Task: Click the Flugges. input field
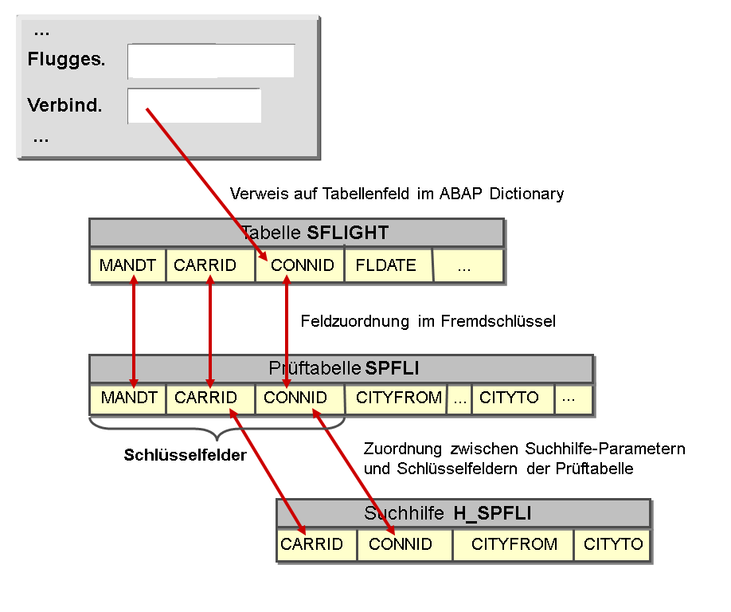click(x=211, y=61)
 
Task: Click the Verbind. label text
click(x=64, y=105)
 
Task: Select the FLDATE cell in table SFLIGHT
click(x=389, y=265)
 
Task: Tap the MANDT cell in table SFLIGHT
click(x=127, y=265)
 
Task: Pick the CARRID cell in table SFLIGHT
click(x=210, y=265)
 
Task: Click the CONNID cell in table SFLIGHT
click(x=299, y=265)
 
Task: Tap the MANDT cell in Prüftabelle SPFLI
click(x=127, y=398)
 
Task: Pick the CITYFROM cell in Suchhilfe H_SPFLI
click(x=513, y=544)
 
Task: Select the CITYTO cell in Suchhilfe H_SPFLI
click(x=612, y=544)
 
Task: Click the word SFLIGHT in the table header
click(x=348, y=233)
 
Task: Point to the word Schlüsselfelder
click(x=185, y=455)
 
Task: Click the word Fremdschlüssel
click(x=498, y=321)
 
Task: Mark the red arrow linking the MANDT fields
click(x=134, y=331)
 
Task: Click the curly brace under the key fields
click(x=217, y=428)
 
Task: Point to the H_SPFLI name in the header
click(x=492, y=513)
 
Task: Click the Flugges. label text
click(x=66, y=59)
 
